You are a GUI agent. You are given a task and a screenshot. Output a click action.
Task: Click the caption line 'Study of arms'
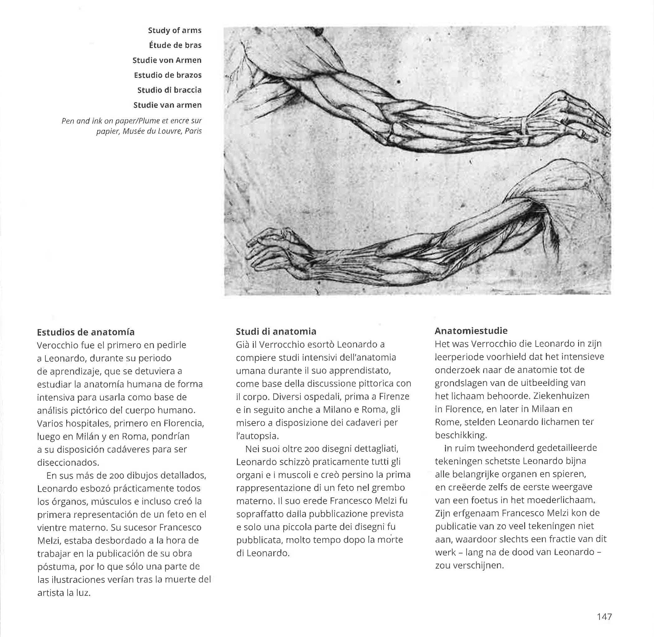pyautogui.click(x=175, y=31)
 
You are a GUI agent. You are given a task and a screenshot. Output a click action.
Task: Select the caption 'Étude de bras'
pyautogui.click(x=175, y=45)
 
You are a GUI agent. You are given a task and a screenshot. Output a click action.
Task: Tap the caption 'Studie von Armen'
pyautogui.click(x=167, y=60)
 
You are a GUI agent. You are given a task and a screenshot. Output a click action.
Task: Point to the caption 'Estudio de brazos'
pyautogui.click(x=167, y=75)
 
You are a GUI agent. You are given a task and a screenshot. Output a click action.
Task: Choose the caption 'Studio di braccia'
pyautogui.click(x=169, y=90)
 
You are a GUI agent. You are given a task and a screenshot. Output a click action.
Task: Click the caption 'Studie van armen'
pyautogui.click(x=167, y=105)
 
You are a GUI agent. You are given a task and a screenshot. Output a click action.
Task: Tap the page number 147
pyautogui.click(x=604, y=616)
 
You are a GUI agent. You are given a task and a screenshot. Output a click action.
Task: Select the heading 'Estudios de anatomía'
pyautogui.click(x=86, y=332)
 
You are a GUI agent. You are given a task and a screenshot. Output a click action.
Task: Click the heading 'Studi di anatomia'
pyautogui.click(x=276, y=332)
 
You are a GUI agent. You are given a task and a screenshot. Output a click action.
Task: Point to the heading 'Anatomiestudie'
pyautogui.click(x=471, y=331)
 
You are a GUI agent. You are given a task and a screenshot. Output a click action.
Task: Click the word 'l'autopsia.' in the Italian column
pyautogui.click(x=257, y=436)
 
